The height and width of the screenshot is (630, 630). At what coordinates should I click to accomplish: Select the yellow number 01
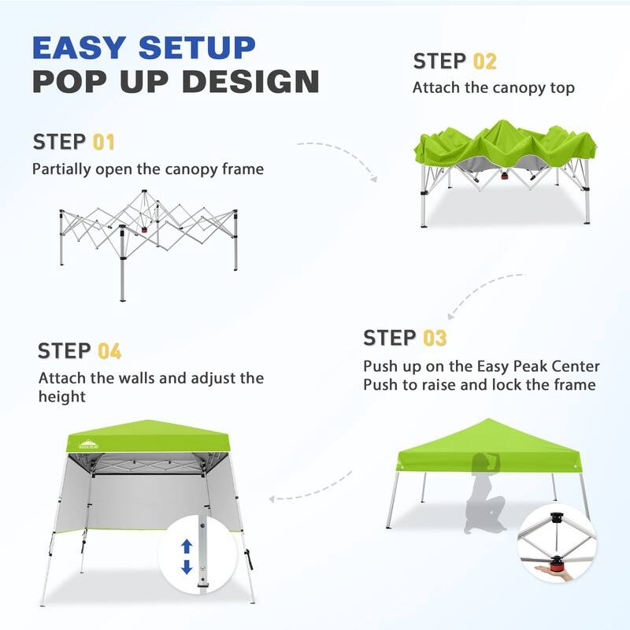click(x=104, y=143)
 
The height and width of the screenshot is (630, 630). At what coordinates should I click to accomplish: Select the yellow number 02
click(x=485, y=61)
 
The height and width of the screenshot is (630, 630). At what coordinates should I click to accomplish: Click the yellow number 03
click(x=435, y=339)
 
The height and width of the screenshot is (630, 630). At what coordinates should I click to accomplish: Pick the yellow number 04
click(x=110, y=351)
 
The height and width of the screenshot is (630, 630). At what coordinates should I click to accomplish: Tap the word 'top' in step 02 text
click(x=561, y=87)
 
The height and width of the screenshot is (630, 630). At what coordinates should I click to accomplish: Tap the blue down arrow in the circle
click(x=187, y=566)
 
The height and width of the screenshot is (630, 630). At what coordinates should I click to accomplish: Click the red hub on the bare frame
click(x=143, y=231)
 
